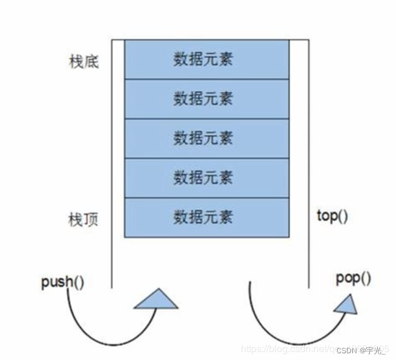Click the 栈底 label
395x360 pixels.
tap(84, 62)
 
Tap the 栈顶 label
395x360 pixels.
tap(84, 218)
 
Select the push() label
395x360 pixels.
tap(63, 283)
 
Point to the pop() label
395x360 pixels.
tap(354, 278)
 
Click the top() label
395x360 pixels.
tap(333, 216)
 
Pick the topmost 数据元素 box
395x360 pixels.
tap(204, 59)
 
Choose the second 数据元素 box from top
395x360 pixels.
tap(204, 98)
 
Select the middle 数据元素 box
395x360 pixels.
tap(204, 138)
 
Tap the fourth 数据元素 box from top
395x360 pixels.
tap(204, 178)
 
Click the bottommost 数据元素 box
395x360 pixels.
tap(204, 217)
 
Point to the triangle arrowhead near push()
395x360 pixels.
tap(157, 299)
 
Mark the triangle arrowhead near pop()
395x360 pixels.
tap(346, 303)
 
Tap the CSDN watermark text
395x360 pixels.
tap(347, 350)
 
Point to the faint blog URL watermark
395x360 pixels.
tap(286, 349)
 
